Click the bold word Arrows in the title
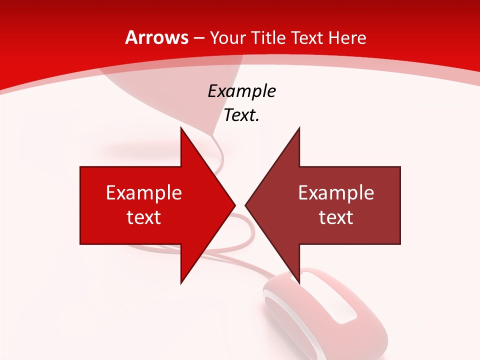tap(157, 37)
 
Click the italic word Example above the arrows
tap(241, 91)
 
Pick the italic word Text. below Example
tap(241, 115)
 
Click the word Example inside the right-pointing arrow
tap(144, 193)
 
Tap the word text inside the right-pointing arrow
tap(144, 217)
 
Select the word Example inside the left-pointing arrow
tap(336, 193)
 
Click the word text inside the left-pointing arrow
tap(336, 217)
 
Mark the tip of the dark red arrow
tap(246, 205)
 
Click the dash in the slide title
tap(198, 38)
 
